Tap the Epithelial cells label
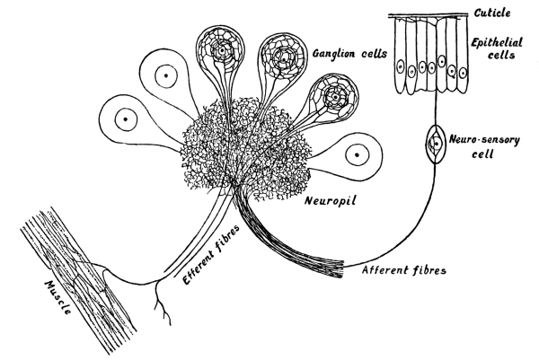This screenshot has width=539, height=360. [495, 48]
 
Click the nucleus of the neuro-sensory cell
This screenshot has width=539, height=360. [437, 142]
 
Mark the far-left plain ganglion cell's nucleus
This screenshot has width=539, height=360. [128, 118]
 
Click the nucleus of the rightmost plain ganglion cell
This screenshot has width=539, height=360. [357, 156]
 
